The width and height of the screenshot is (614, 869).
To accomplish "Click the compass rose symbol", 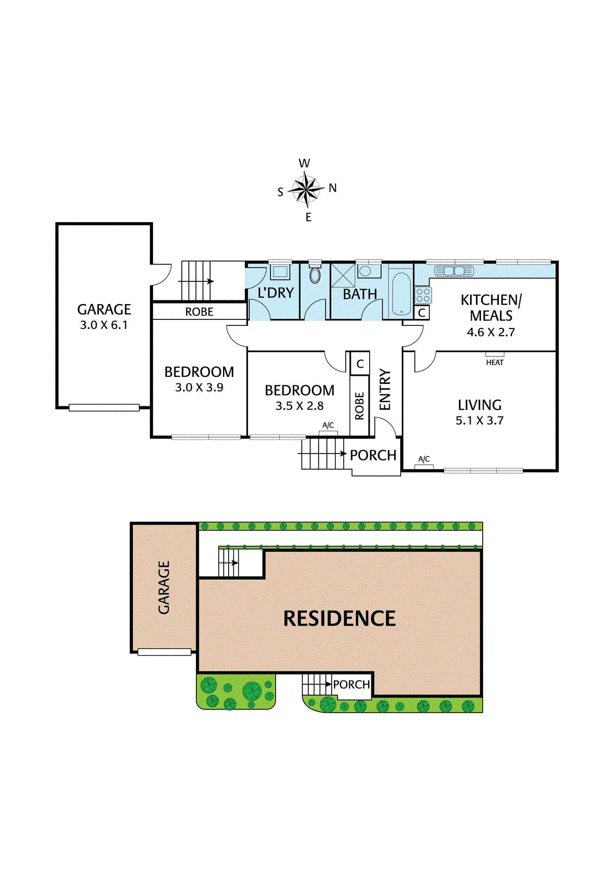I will click(307, 190).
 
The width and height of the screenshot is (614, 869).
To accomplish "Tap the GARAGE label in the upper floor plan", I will click(104, 309).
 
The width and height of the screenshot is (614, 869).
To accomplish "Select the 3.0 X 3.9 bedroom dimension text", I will click(199, 387).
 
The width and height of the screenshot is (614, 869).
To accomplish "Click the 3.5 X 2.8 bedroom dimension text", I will click(299, 406).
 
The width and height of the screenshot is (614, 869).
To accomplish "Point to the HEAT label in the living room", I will click(495, 362).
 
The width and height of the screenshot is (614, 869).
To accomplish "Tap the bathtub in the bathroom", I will click(401, 293).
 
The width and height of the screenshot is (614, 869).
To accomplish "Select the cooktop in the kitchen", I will click(423, 295).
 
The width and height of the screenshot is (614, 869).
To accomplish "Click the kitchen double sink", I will click(454, 270).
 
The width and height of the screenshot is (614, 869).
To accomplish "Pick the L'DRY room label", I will click(275, 293).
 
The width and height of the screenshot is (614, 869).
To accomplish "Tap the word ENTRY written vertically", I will click(385, 389).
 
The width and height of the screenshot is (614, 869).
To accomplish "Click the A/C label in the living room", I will click(424, 459).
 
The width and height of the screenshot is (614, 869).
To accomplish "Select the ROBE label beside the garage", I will click(199, 312).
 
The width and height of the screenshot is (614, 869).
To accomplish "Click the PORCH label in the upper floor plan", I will click(373, 455).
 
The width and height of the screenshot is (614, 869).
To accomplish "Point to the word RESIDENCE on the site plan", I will click(339, 619).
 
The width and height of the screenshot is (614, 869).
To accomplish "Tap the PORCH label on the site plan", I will click(351, 684).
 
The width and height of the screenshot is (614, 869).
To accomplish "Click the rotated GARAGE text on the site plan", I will click(164, 588).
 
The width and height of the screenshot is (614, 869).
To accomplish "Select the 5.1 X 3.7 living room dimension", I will click(479, 420).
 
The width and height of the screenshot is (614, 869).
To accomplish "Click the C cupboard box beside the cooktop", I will click(422, 313).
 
